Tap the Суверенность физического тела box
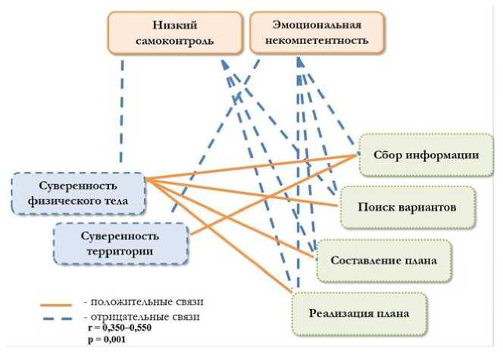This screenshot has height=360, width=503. click(x=79, y=193)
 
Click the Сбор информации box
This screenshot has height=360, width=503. click(x=424, y=155)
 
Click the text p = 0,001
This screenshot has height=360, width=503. click(x=105, y=340)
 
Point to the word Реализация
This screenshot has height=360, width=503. click(x=340, y=313)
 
